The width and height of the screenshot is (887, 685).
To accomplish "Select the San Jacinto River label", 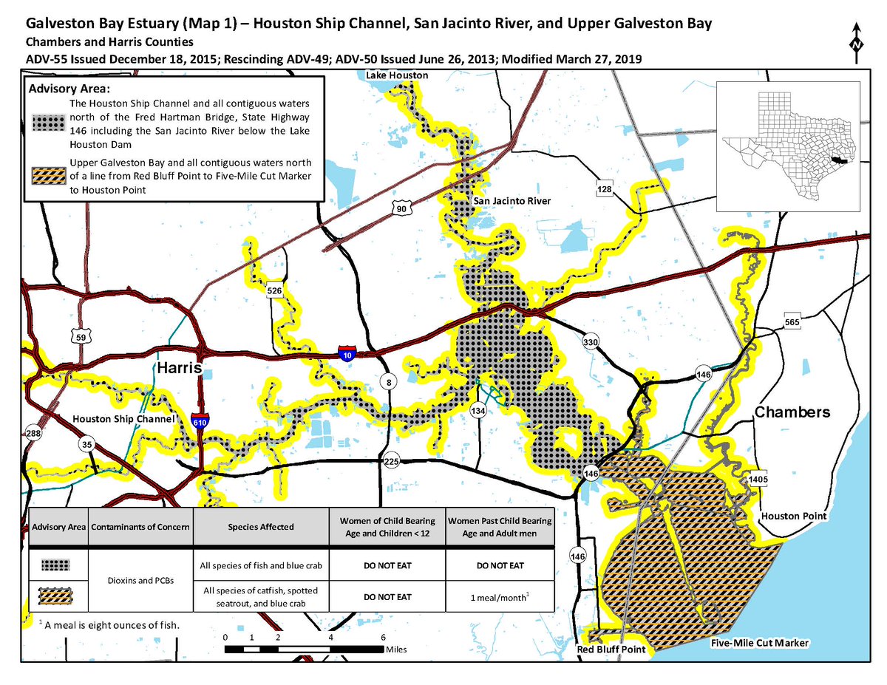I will coord(512,201).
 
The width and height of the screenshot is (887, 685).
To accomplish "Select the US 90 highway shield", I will coord(401,210).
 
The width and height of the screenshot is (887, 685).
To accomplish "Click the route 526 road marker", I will coord(273,291).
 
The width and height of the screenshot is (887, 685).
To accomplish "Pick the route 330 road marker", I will coord(590,342).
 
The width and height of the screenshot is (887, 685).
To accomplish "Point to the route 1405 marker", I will coord(758,480).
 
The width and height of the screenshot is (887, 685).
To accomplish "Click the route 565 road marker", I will coord(792,322).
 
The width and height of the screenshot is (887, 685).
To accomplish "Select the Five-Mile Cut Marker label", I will coord(759,644).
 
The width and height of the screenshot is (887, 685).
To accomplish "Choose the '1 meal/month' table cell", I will coord(499,596).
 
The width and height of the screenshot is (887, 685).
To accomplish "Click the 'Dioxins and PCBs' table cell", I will coord(140,582).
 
